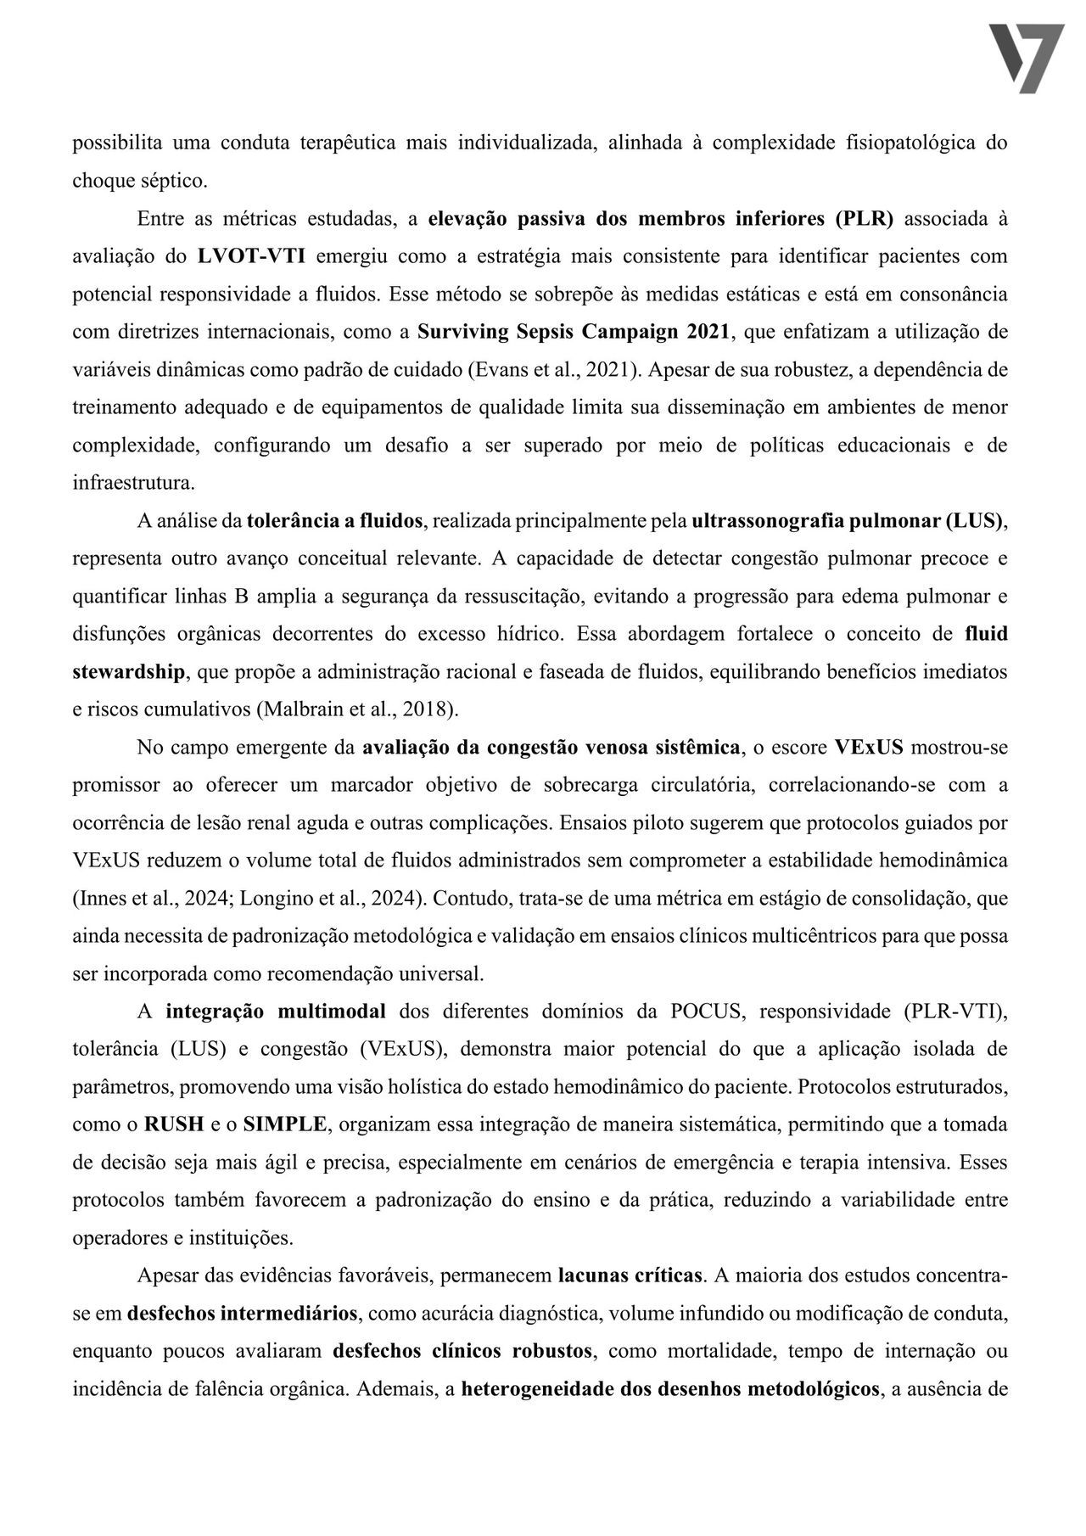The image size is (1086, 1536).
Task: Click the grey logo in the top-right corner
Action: (1027, 58)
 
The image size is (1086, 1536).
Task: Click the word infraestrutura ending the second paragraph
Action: (132, 483)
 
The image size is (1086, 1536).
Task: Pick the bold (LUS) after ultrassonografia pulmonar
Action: (975, 521)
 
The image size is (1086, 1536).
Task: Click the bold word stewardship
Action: (128, 672)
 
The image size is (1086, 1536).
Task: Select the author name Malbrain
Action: (295, 709)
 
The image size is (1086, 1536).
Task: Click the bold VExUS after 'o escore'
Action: (868, 748)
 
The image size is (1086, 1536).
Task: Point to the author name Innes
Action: (101, 899)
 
